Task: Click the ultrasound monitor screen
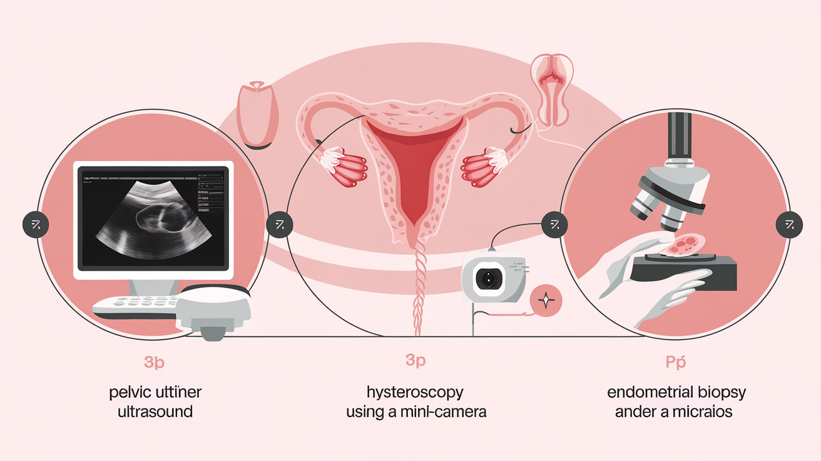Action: pos(153,219)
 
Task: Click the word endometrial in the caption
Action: pos(650,393)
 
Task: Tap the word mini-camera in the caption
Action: pos(449,413)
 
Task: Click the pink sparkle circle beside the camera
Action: pos(546,301)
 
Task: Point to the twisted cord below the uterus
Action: pos(416,288)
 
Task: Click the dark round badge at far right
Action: pos(788,225)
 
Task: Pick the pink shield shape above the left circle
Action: pos(257,113)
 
